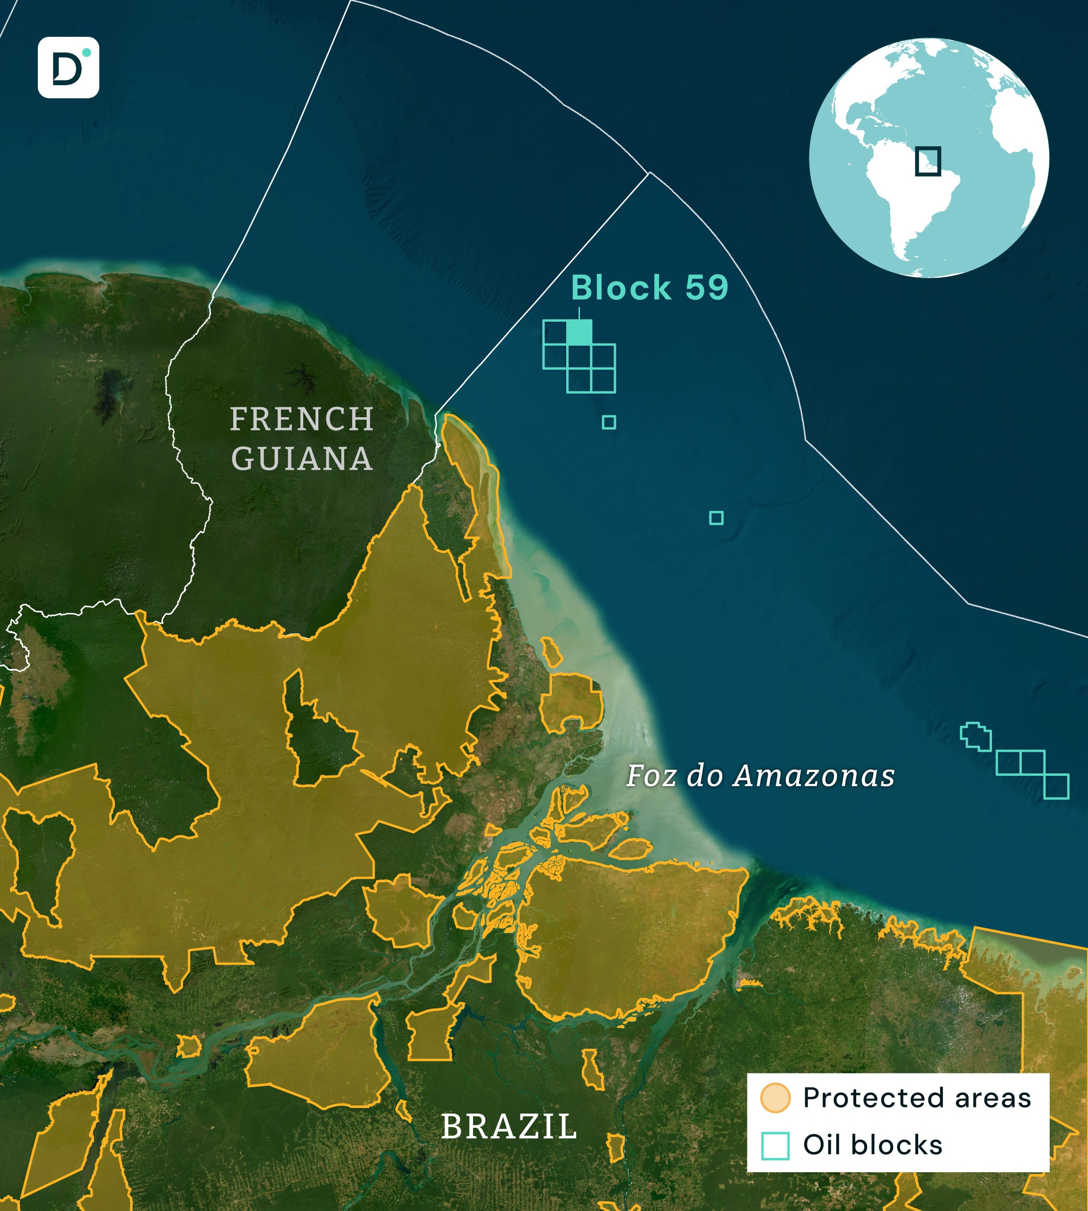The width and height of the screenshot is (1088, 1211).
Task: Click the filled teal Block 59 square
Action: tap(579, 332)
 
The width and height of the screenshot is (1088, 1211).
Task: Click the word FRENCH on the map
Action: tap(302, 419)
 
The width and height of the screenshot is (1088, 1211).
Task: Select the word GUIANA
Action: tap(302, 458)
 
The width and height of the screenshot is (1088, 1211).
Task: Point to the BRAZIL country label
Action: tap(509, 1127)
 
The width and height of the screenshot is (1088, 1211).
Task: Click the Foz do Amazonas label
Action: tap(760, 776)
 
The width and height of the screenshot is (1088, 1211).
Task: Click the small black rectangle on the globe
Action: tap(928, 161)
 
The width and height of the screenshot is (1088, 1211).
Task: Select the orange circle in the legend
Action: tap(775, 1097)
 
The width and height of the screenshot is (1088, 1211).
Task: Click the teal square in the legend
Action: tap(775, 1145)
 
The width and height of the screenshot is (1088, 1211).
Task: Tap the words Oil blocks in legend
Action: tap(872, 1145)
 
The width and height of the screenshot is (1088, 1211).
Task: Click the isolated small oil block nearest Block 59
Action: tap(608, 422)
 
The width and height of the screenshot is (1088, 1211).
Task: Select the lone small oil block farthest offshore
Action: tap(716, 518)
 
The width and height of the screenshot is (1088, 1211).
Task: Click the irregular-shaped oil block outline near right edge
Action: tap(975, 737)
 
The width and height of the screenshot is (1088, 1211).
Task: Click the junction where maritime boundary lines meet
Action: tap(649, 173)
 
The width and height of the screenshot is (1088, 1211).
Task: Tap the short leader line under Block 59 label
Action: tap(579, 313)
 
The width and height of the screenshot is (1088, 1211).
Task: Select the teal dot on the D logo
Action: tap(86, 53)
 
